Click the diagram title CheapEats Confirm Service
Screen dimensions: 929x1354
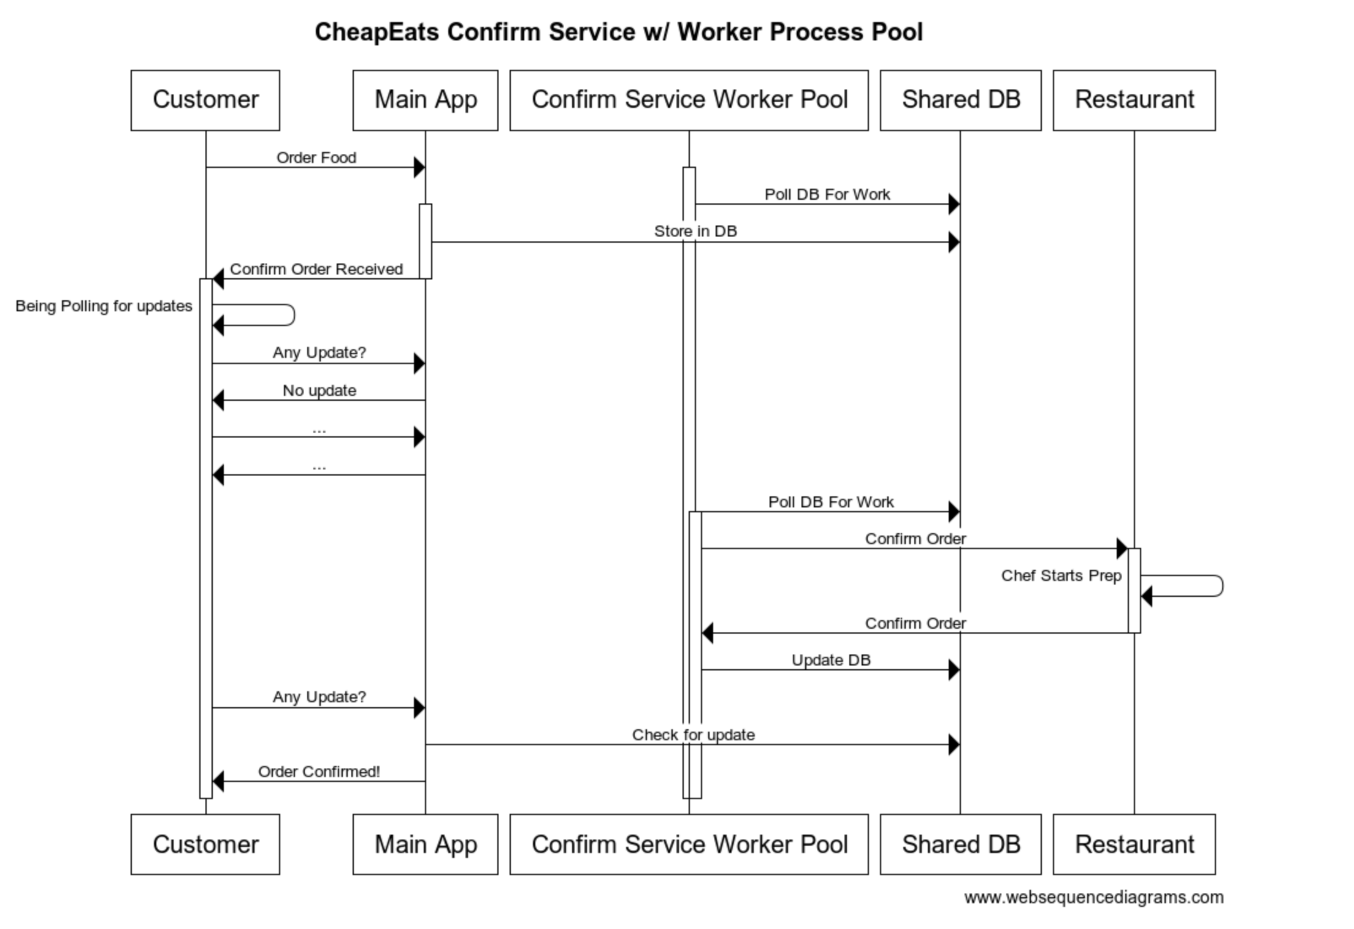(x=618, y=32)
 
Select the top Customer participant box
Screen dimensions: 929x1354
(x=205, y=100)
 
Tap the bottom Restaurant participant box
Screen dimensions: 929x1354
(x=1134, y=844)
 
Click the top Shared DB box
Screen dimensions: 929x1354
(x=960, y=100)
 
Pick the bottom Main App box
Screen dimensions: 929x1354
(x=425, y=844)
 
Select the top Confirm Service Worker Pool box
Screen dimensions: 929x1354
(x=689, y=100)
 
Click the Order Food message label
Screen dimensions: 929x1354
(x=316, y=157)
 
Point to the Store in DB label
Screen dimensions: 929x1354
(x=695, y=231)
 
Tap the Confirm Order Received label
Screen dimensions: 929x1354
(x=316, y=269)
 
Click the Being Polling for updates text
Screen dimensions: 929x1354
(x=104, y=306)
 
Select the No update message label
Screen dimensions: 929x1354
(x=319, y=390)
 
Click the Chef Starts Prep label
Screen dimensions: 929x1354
(x=1061, y=575)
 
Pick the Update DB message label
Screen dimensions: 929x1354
(x=830, y=660)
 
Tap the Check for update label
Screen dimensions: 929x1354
(x=693, y=735)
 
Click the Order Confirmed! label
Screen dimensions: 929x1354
(x=318, y=772)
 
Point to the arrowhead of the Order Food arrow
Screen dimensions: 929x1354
(x=419, y=167)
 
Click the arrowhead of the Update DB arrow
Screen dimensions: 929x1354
(x=954, y=670)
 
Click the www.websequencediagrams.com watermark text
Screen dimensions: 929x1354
(x=1093, y=897)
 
